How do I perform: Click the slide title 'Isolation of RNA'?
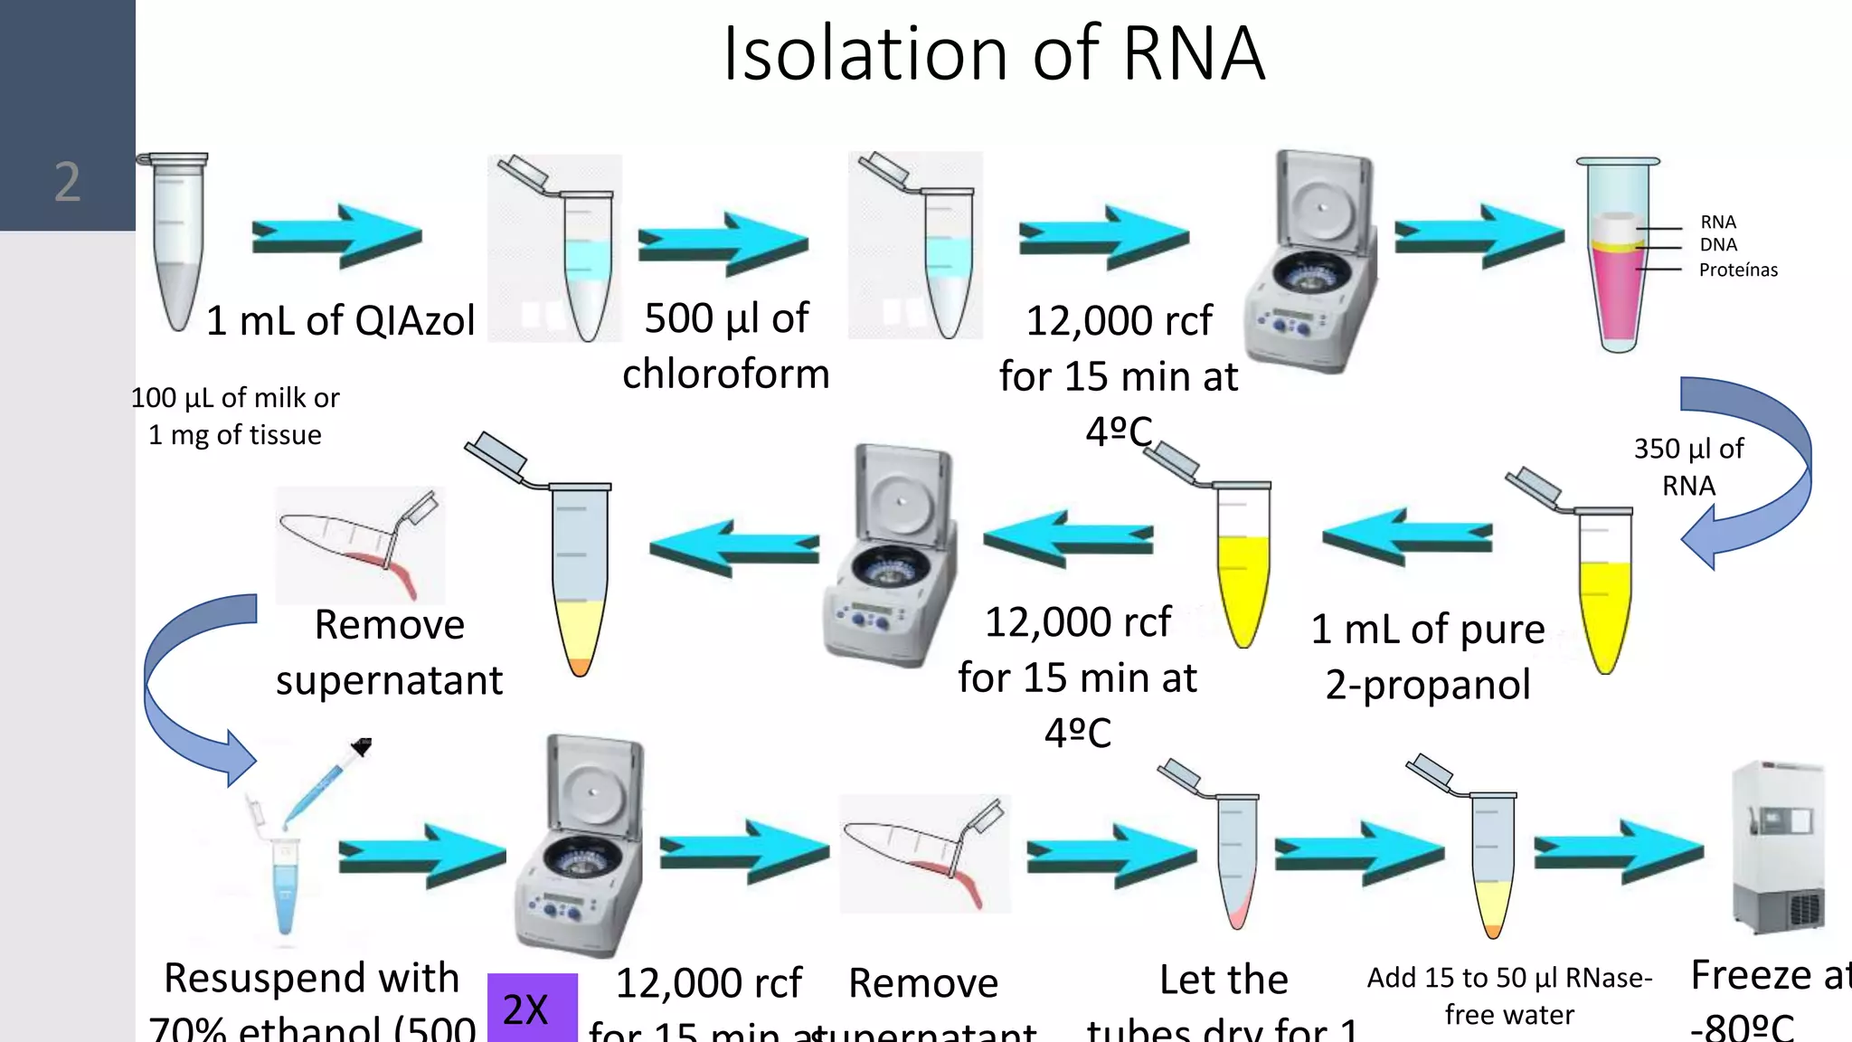[x=993, y=53]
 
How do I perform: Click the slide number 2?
[x=67, y=182]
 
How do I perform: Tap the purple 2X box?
[x=532, y=1008]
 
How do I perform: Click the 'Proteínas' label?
[x=1737, y=270]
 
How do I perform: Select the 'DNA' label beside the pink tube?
[x=1717, y=245]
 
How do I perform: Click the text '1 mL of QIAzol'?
[x=340, y=320]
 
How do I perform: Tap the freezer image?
[x=1777, y=848]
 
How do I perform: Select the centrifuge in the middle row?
[x=891, y=556]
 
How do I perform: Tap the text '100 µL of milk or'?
[x=235, y=398]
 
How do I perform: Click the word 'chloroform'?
[x=725, y=374]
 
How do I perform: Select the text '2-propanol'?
[x=1428, y=684]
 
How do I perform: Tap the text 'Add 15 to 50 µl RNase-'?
[x=1508, y=978]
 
